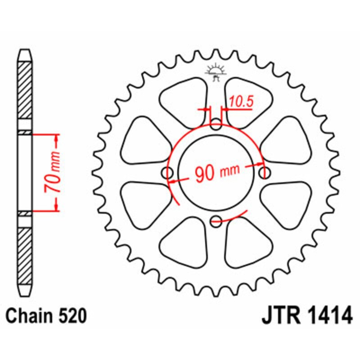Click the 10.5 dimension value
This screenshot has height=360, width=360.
pos(240,102)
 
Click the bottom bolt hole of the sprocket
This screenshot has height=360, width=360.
pos(216,220)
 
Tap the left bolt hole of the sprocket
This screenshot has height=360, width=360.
pos(169,173)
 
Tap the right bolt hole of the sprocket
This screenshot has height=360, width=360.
pos(264,172)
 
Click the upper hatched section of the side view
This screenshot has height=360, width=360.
pos(25,90)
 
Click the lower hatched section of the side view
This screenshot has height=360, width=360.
pos(25,254)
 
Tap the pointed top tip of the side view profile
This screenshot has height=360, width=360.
pos(25,50)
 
